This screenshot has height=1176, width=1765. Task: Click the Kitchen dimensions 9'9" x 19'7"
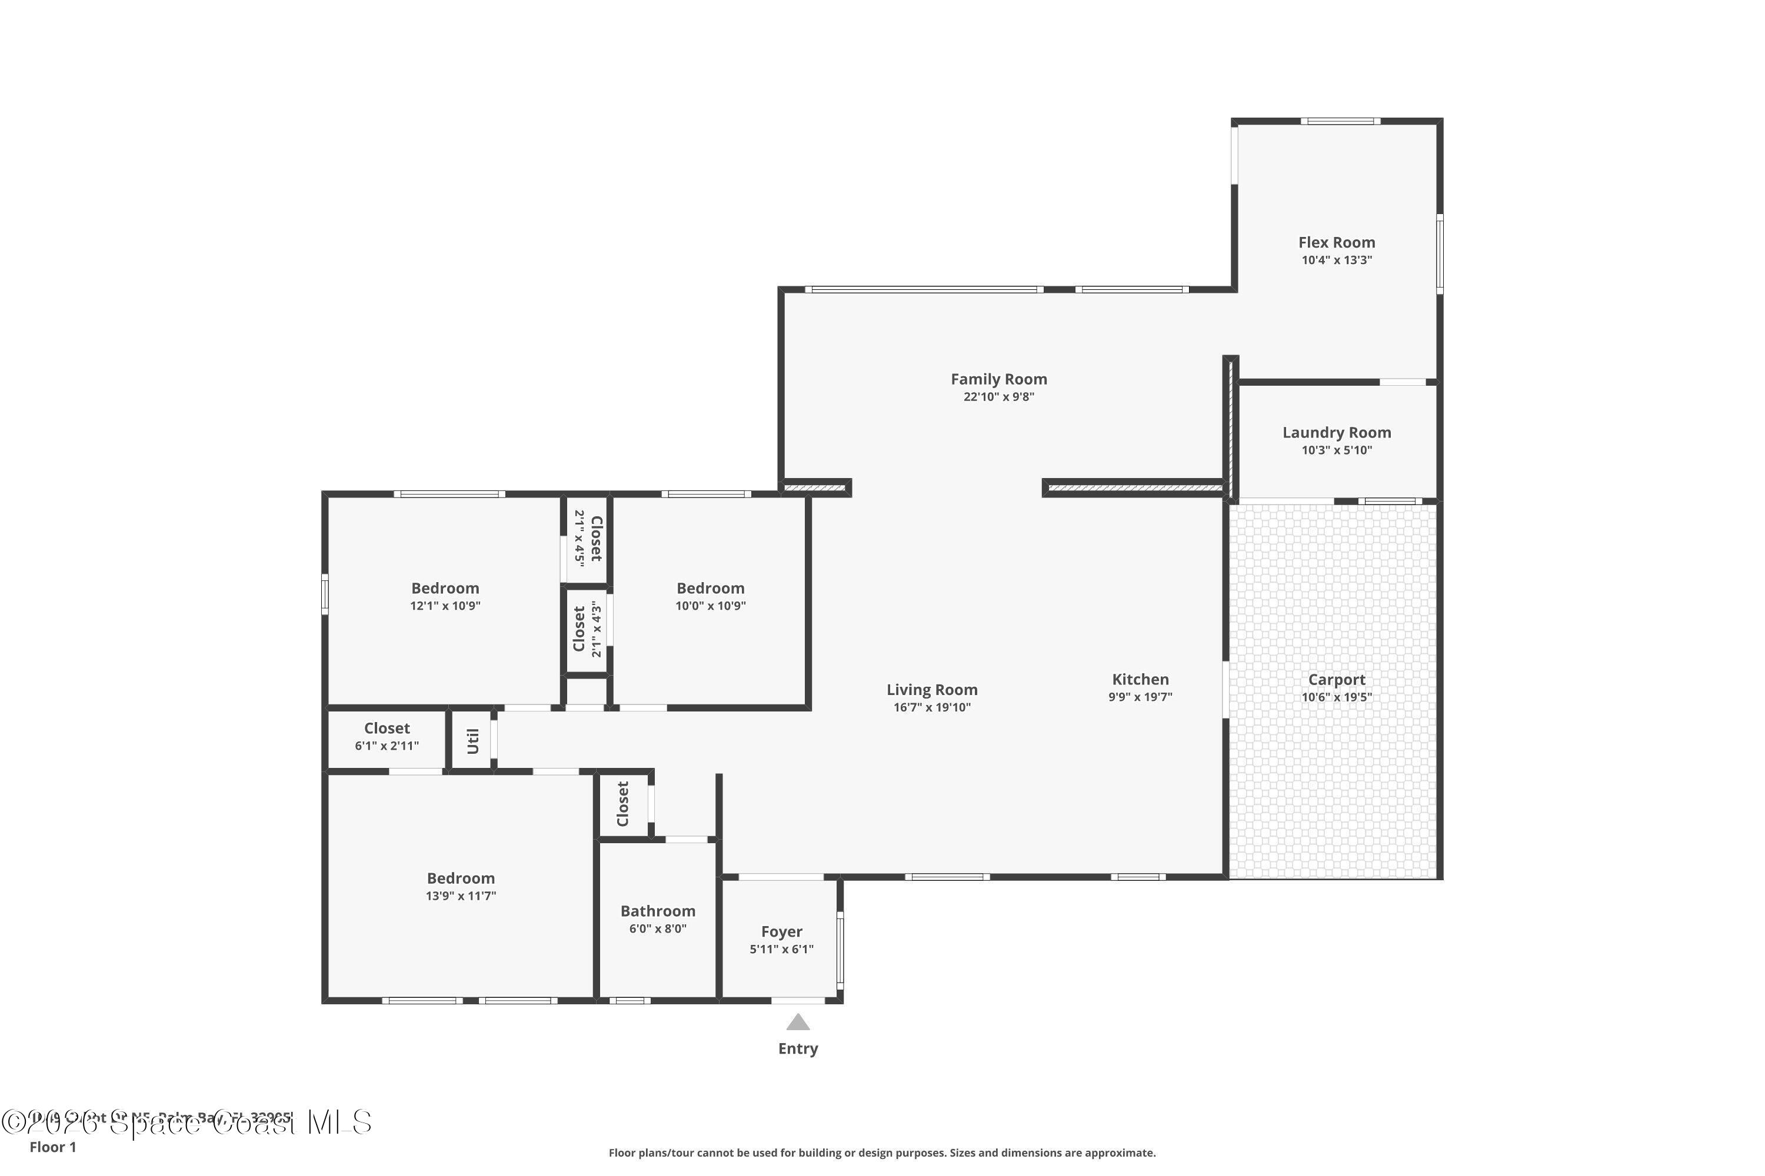(1140, 697)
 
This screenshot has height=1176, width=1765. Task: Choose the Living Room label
(931, 689)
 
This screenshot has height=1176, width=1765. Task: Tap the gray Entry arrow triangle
(798, 1023)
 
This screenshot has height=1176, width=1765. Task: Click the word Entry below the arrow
(798, 1048)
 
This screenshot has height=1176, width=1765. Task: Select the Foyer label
(781, 931)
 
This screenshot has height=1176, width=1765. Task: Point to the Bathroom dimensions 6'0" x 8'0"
(657, 928)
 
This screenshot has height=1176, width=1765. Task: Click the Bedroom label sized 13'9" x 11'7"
(460, 878)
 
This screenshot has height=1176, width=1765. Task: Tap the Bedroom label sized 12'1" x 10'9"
(444, 588)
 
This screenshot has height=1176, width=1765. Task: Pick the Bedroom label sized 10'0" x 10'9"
(710, 588)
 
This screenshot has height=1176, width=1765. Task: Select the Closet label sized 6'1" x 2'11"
(387, 729)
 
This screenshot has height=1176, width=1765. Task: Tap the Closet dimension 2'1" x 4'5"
(580, 538)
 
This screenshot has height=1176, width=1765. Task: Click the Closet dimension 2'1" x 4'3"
(596, 629)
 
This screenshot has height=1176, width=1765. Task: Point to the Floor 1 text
(52, 1147)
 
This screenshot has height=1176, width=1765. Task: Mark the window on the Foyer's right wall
(840, 949)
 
